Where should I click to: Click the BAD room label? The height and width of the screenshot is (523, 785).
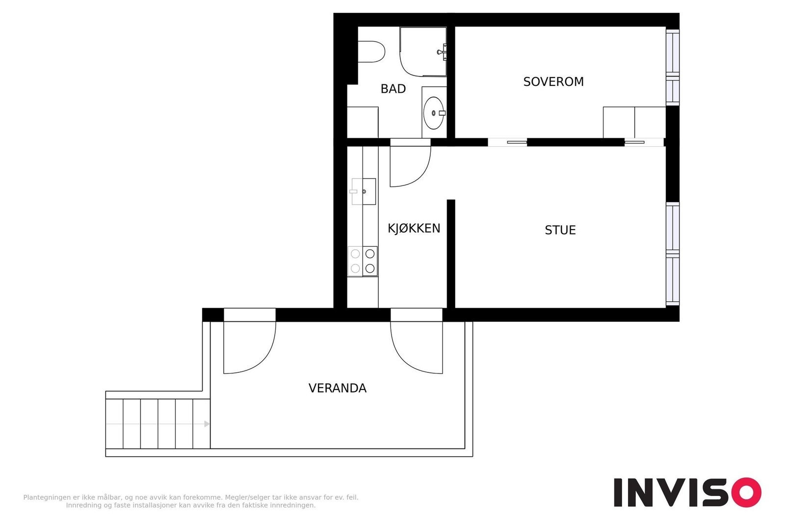pyautogui.click(x=393, y=89)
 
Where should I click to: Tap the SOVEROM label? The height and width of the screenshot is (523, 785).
pyautogui.click(x=553, y=81)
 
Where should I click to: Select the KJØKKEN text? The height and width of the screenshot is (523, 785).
pyautogui.click(x=414, y=228)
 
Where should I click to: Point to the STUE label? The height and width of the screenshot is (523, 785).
pyautogui.click(x=560, y=230)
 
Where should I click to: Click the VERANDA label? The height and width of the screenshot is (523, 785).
pyautogui.click(x=338, y=388)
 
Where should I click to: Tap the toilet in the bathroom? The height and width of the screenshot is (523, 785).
pyautogui.click(x=371, y=52)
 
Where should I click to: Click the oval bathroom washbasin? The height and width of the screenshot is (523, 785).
pyautogui.click(x=434, y=113)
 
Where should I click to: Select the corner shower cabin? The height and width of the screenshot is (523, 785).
pyautogui.click(x=423, y=52)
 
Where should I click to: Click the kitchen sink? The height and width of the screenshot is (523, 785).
pyautogui.click(x=364, y=191)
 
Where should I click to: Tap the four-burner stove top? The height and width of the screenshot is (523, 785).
pyautogui.click(x=363, y=261)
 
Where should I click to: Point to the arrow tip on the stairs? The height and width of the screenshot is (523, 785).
pyautogui.click(x=209, y=424)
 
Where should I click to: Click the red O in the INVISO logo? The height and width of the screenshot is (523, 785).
pyautogui.click(x=746, y=492)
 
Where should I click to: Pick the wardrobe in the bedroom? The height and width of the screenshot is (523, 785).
pyautogui.click(x=634, y=122)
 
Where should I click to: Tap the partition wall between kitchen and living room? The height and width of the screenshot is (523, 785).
pyautogui.click(x=451, y=254)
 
